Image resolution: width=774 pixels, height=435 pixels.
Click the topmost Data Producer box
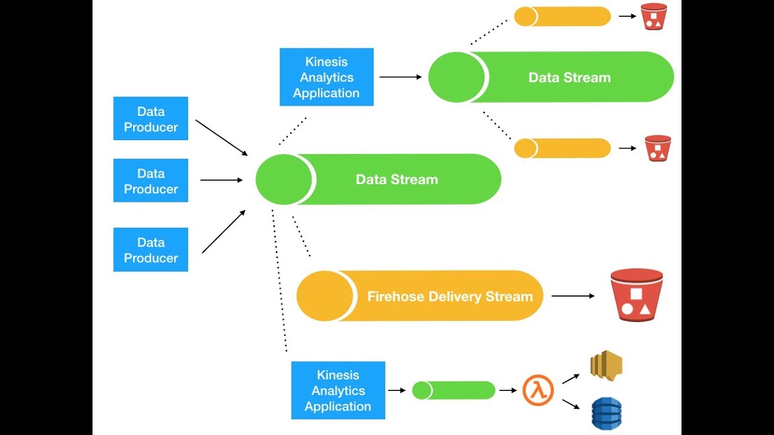pyautogui.click(x=151, y=118)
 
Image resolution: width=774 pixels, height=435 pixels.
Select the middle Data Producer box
pyautogui.click(x=151, y=181)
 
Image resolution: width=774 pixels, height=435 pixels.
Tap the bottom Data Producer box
pyautogui.click(x=151, y=250)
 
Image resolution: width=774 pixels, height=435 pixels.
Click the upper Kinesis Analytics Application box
pyautogui.click(x=327, y=77)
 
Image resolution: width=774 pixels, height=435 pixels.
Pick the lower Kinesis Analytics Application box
pyautogui.click(x=338, y=390)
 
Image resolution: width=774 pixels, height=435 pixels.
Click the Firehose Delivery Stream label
pyautogui.click(x=450, y=297)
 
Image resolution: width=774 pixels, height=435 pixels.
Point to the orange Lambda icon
pyautogui.click(x=538, y=390)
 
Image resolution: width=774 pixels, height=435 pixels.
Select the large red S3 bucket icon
pyautogui.click(x=636, y=295)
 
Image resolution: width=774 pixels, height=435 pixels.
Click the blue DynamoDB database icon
pyautogui.click(x=606, y=413)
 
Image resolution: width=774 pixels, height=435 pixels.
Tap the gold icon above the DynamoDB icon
pyautogui.click(x=606, y=365)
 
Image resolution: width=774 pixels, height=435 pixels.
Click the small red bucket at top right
pyautogui.click(x=654, y=16)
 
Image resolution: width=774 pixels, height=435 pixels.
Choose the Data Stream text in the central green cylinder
pyautogui.click(x=397, y=179)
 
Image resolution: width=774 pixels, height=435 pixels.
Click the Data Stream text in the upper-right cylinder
pyautogui.click(x=569, y=77)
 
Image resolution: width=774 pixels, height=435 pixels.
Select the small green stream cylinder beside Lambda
pyautogui.click(x=454, y=390)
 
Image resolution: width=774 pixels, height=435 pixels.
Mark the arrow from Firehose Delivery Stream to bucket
pyautogui.click(x=573, y=296)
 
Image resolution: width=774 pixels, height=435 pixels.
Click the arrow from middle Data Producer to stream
pyautogui.click(x=221, y=180)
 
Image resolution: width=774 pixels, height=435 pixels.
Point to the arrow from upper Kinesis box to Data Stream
pyautogui.click(x=400, y=77)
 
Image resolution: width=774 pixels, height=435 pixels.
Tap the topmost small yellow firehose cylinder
pyautogui.click(x=562, y=16)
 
